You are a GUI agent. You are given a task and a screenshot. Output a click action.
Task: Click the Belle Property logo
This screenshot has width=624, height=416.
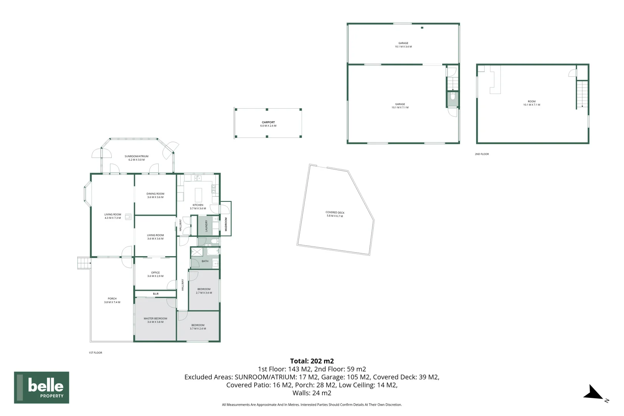coord(42,387)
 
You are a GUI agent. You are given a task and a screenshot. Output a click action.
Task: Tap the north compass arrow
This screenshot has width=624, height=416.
coord(593,393)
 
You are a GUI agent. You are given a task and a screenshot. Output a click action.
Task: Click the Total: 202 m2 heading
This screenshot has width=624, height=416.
coord(312,361)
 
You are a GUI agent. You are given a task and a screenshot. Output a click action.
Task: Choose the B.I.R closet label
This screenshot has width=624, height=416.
coord(156,294)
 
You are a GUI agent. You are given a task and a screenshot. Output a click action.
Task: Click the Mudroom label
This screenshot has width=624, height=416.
coord(226,224)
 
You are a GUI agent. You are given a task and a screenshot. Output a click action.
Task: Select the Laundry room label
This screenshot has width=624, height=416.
coord(206,226)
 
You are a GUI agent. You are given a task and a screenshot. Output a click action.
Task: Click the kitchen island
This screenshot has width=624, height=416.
coord(199,192)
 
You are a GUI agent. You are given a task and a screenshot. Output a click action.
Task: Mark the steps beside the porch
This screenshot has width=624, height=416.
coord(84,263)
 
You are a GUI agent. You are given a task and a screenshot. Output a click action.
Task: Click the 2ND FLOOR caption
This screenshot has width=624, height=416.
coord(481,154)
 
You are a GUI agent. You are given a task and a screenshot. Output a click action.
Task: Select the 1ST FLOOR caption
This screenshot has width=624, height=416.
coord(95,353)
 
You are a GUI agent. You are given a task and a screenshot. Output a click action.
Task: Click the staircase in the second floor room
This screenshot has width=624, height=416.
coord(582,94)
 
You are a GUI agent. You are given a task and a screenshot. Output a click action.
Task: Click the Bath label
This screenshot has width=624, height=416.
coord(205,261)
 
